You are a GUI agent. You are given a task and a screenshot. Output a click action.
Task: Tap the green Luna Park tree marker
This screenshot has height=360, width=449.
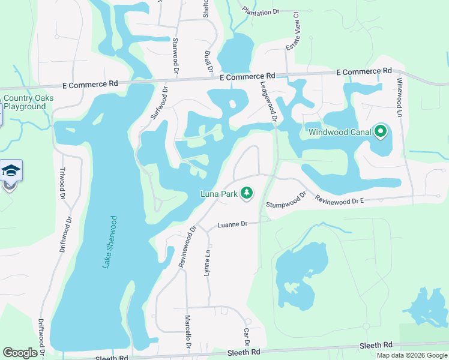tap(246, 193)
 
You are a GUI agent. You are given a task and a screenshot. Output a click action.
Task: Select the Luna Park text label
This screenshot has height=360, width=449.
tap(219, 193)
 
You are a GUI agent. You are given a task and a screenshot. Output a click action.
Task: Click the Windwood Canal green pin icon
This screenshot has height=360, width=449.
tap(380, 131)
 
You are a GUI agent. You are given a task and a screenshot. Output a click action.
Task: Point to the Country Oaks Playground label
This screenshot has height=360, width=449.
tap(28, 102)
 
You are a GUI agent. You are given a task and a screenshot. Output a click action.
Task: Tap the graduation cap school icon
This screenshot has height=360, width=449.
tap(11, 172)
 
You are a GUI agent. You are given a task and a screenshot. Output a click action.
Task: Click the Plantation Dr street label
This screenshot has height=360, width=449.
tap(261, 11)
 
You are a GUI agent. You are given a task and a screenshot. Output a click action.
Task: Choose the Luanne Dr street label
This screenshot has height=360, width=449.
tap(232, 224)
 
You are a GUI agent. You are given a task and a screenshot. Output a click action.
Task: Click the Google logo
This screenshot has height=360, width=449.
tap(20, 353)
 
